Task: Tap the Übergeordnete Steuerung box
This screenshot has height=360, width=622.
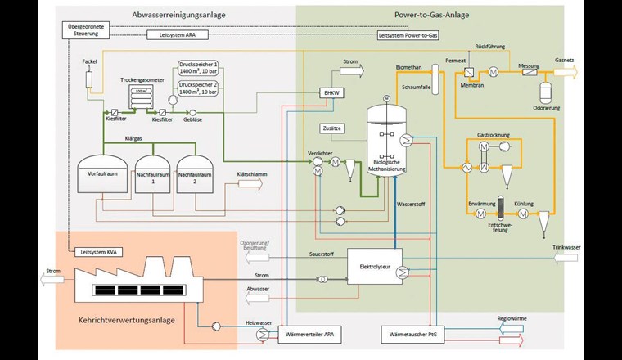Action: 84,29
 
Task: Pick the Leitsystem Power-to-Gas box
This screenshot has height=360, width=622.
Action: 408,36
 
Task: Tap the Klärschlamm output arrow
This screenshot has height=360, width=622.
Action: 251,184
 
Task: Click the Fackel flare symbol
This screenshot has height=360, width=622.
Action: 90,79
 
